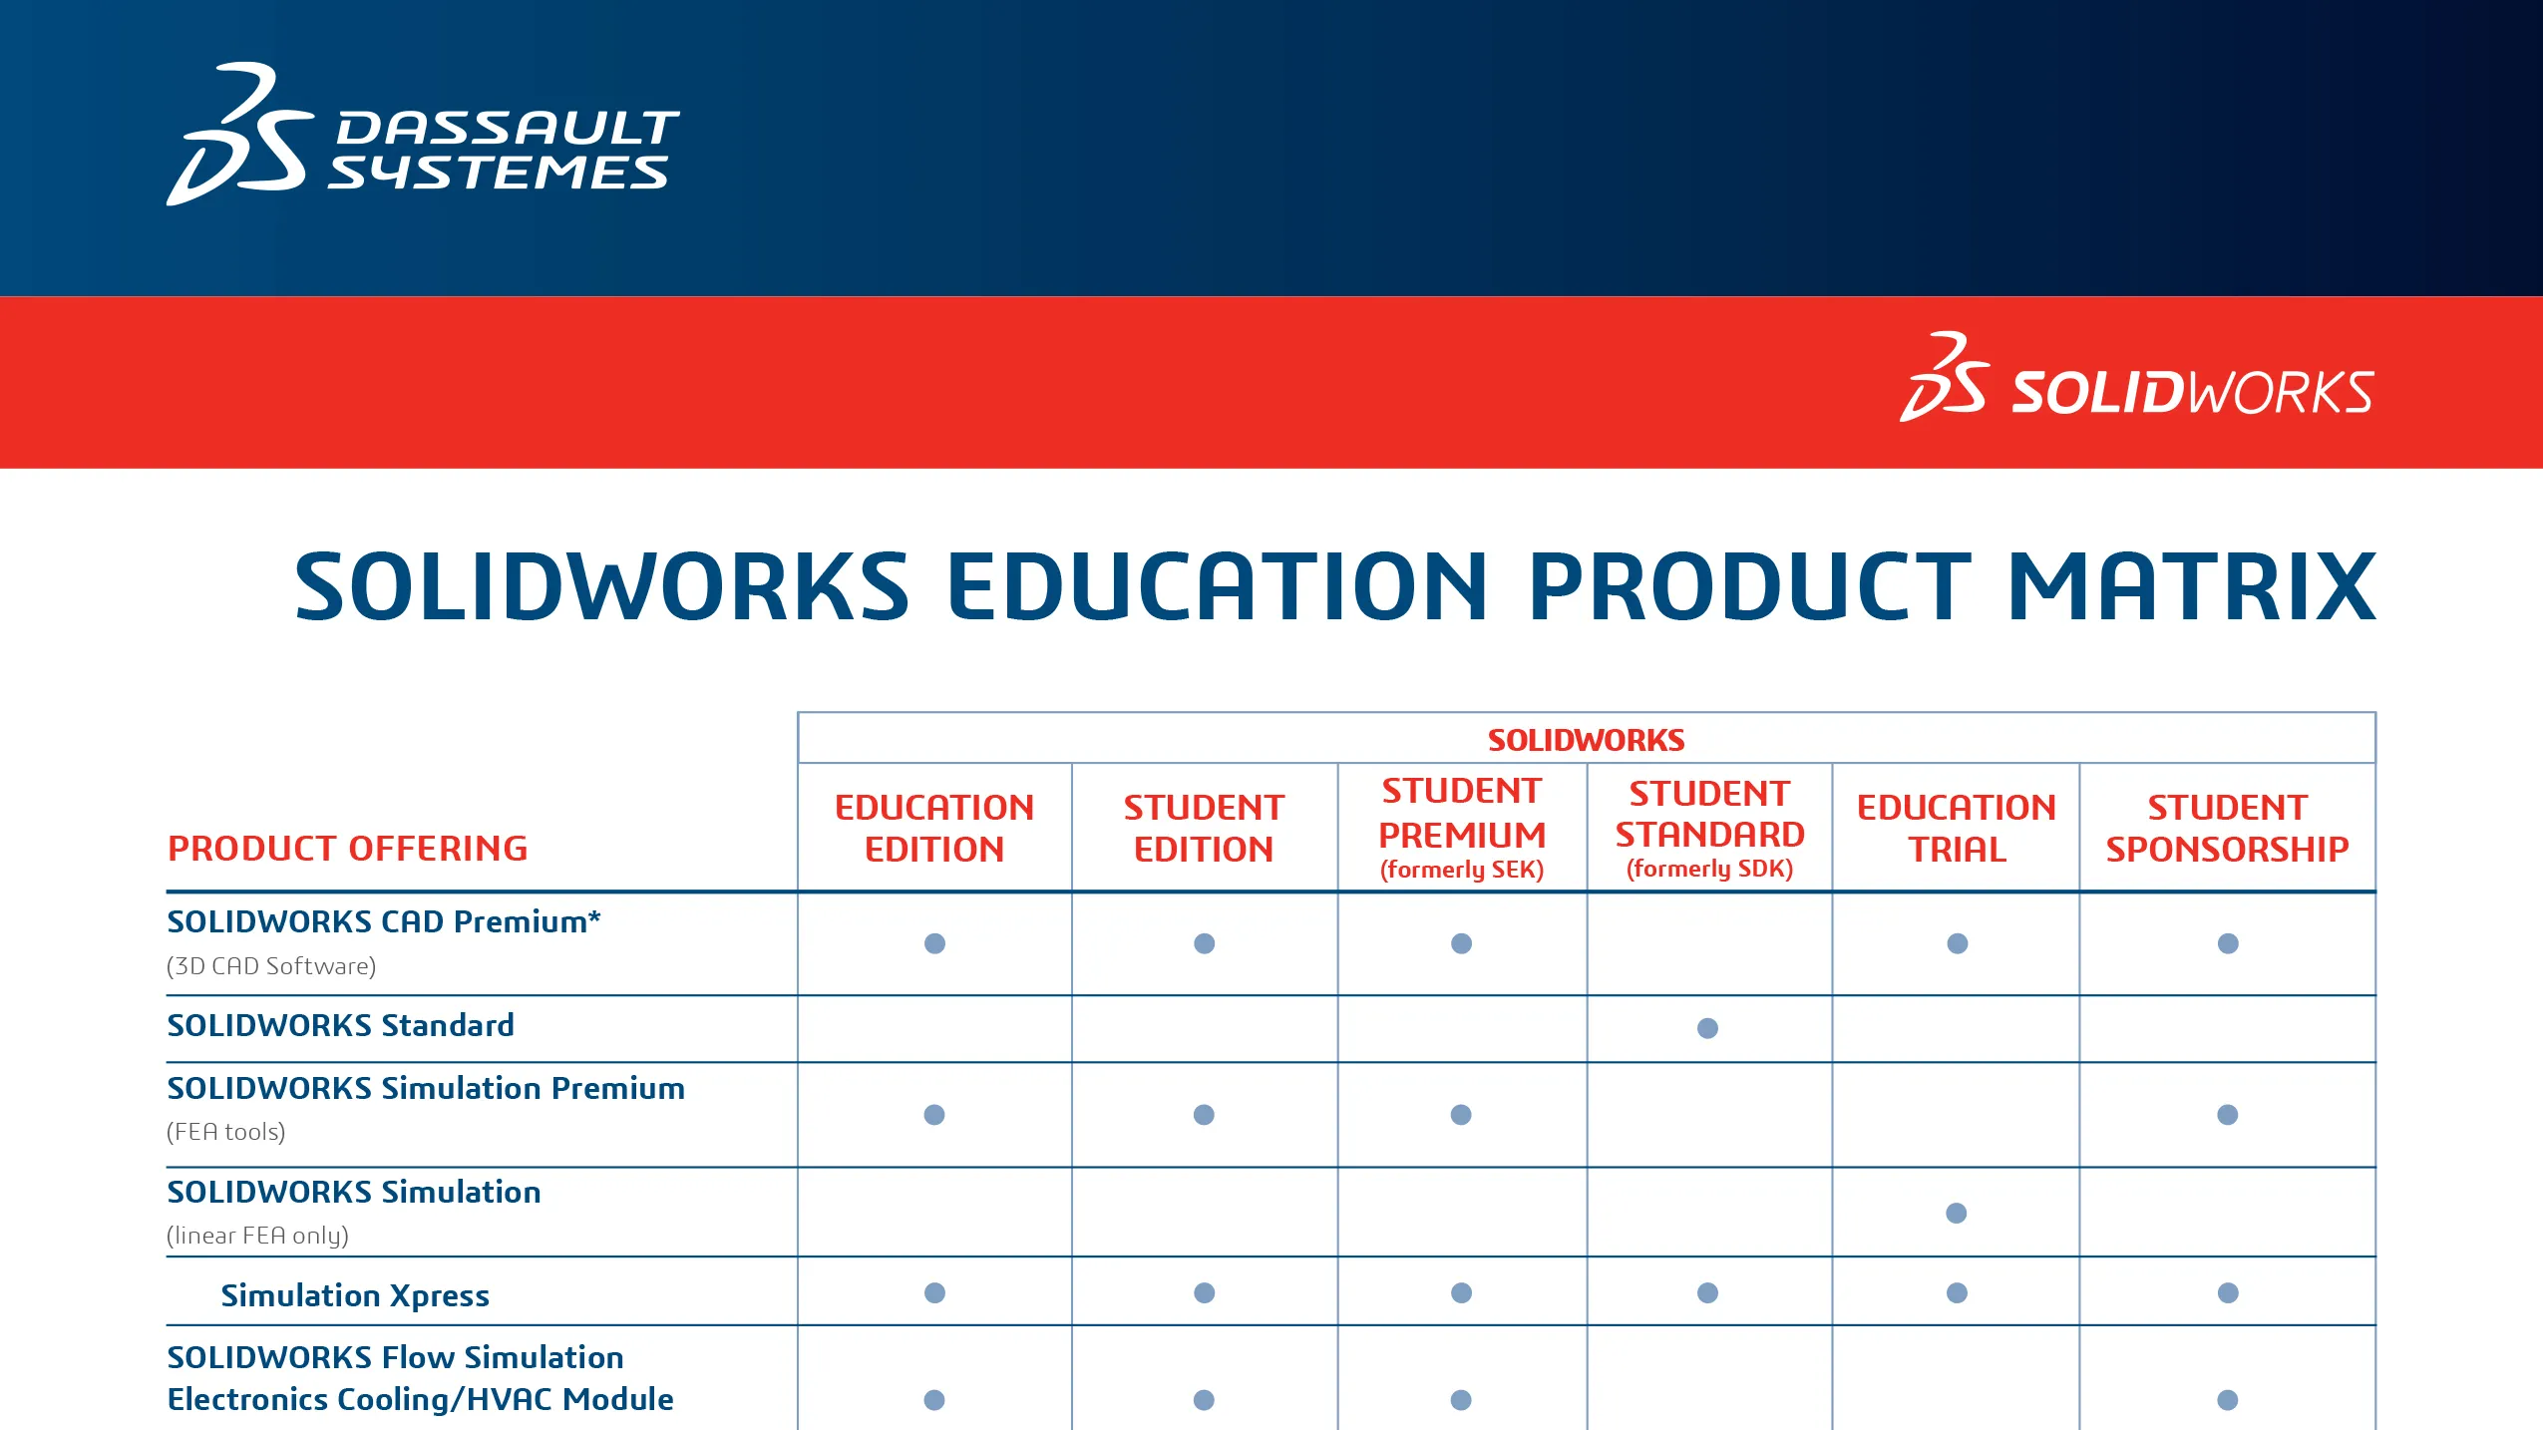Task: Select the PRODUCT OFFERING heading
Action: (x=347, y=849)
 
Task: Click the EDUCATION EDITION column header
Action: (x=933, y=828)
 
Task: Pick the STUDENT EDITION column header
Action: (x=1203, y=828)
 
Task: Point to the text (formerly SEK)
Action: (x=1461, y=870)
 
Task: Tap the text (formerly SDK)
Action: (x=1708, y=869)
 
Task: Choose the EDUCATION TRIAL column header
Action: (x=1956, y=828)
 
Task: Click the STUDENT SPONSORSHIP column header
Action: (x=2226, y=828)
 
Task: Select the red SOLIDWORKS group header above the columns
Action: (x=1586, y=740)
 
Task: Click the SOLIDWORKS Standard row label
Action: (x=340, y=1025)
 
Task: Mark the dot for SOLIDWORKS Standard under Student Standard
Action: (x=1707, y=1028)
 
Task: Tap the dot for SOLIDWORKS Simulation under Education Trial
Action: (x=1956, y=1213)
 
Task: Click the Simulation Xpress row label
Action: (x=354, y=1295)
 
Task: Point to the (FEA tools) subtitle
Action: (x=225, y=1132)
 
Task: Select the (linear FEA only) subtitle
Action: (x=257, y=1236)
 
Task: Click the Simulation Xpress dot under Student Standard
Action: (x=1707, y=1293)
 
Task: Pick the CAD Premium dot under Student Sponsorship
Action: (x=2227, y=943)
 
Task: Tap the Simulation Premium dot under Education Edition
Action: (x=933, y=1115)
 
